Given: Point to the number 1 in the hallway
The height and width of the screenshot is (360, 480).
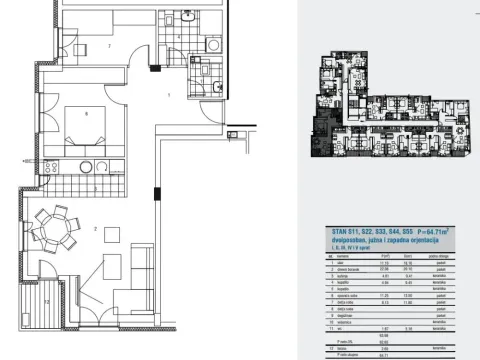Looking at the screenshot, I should pyautogui.click(x=169, y=95).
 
